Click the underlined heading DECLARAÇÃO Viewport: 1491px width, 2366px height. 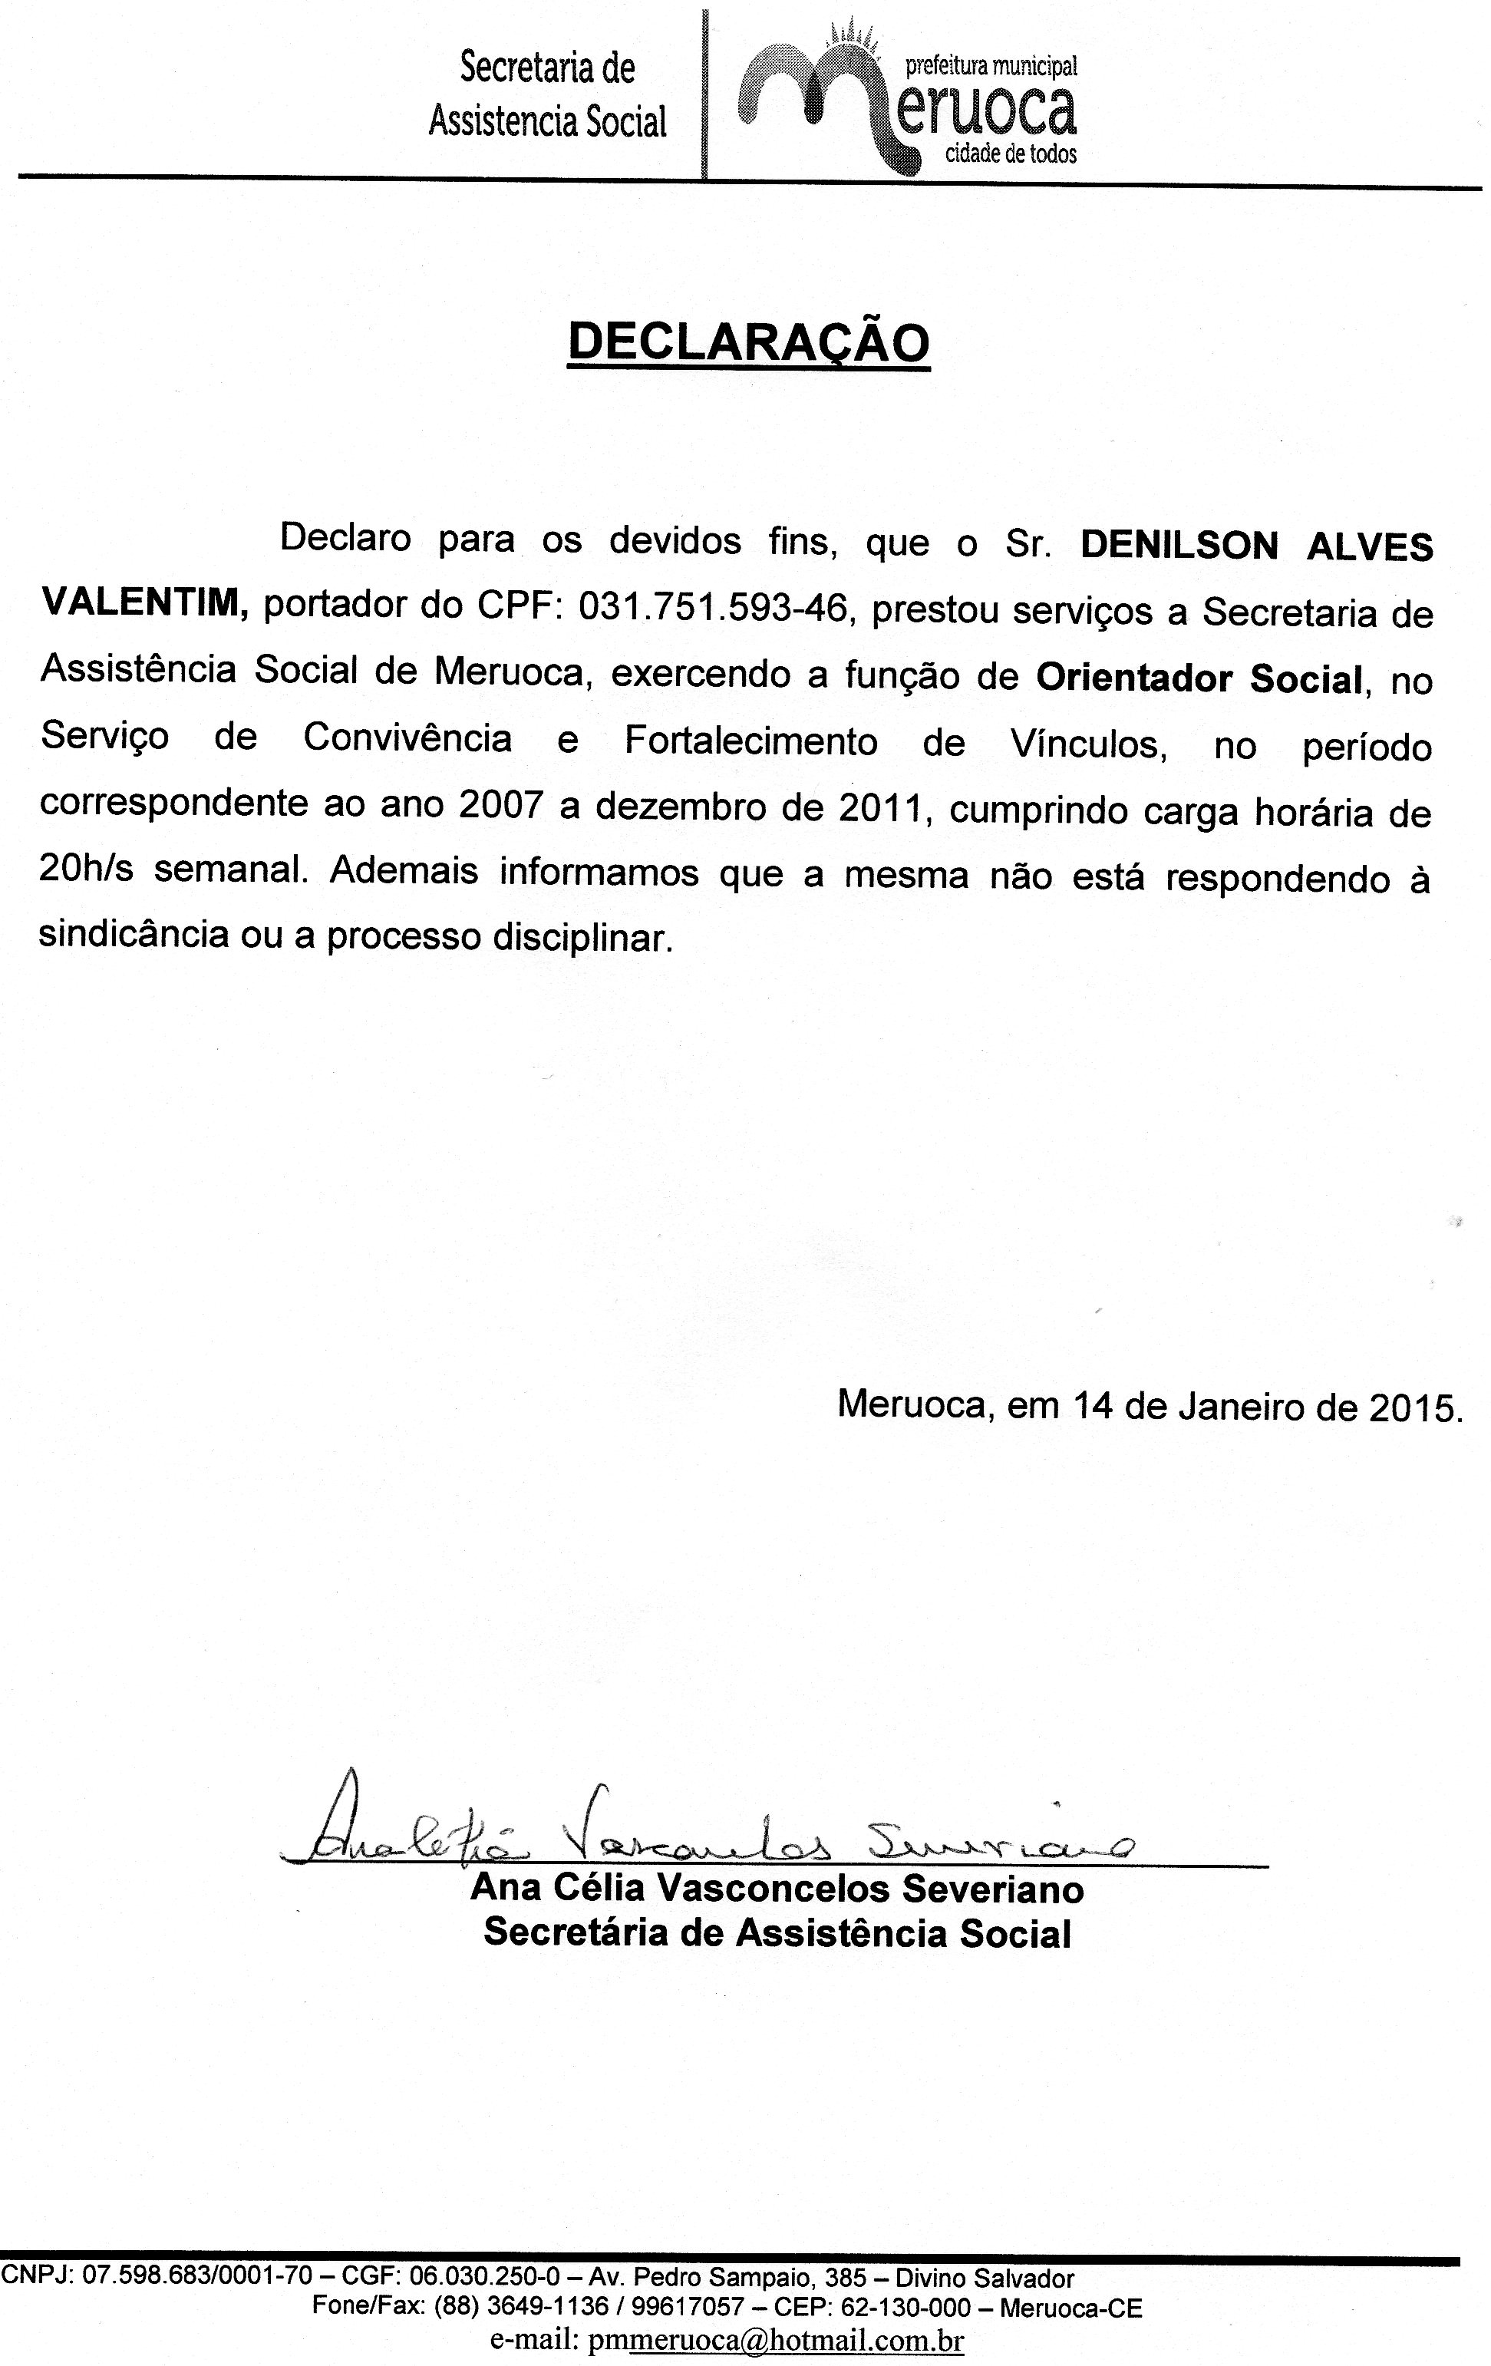(x=748, y=343)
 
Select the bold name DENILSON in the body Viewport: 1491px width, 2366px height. (x=1179, y=546)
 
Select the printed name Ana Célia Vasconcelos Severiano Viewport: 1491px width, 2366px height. (x=777, y=1889)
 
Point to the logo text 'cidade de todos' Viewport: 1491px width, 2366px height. (x=1010, y=154)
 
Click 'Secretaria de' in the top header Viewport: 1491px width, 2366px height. (x=547, y=69)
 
